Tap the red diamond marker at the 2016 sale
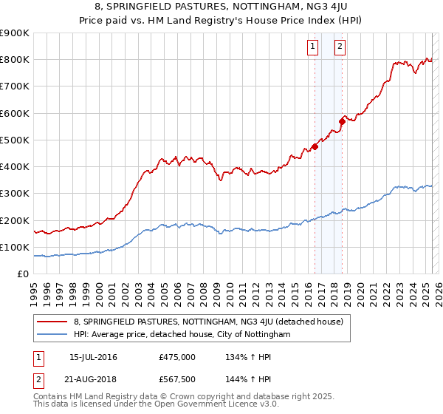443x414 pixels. click(x=315, y=146)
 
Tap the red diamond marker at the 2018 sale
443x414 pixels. click(x=342, y=121)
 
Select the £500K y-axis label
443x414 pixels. click(x=16, y=140)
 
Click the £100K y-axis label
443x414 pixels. click(x=16, y=247)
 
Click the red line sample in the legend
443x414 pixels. click(x=52, y=322)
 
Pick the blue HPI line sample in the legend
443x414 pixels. click(x=52, y=334)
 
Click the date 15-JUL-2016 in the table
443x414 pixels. click(x=93, y=358)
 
